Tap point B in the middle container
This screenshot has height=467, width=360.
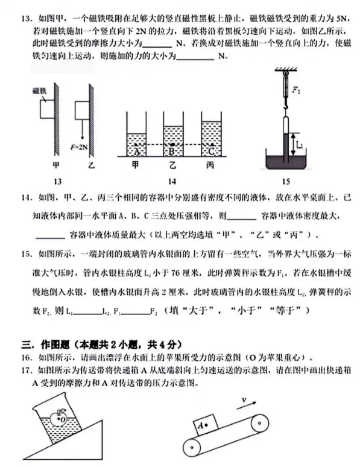tap(174, 146)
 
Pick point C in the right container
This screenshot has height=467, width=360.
tap(210, 146)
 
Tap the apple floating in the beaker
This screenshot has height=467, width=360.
tap(58, 417)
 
